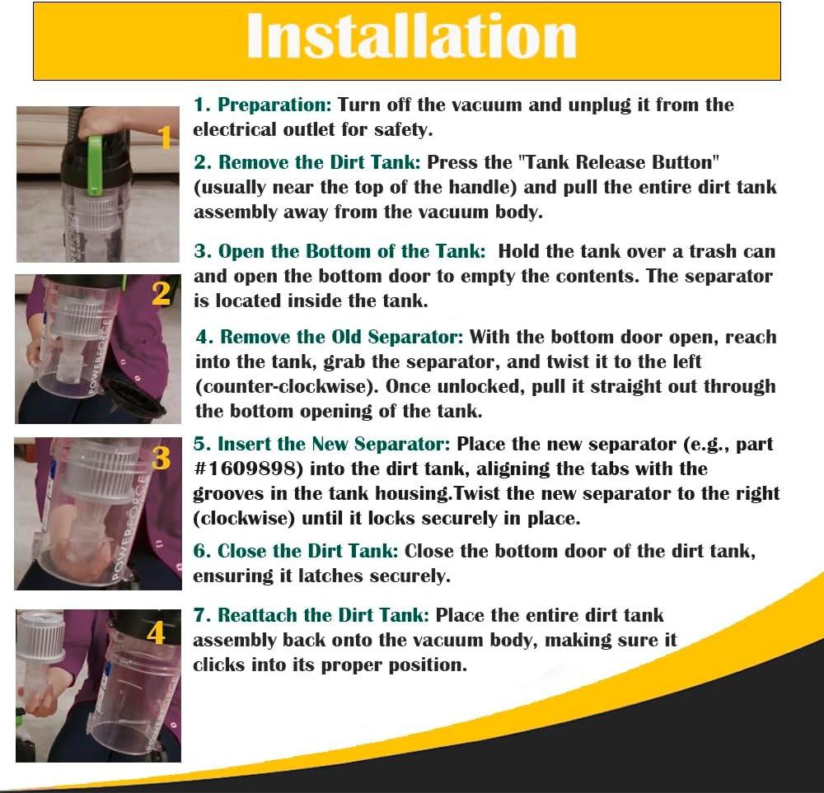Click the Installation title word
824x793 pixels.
point(411,36)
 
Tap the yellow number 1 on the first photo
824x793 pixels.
point(165,137)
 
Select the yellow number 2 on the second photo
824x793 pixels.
point(161,293)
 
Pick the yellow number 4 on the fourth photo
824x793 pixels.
point(156,632)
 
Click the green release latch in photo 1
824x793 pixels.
point(95,164)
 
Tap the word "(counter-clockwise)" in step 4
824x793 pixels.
point(287,386)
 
